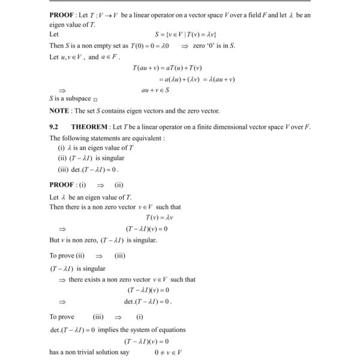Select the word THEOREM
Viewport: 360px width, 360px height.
pyautogui.click(x=91, y=127)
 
